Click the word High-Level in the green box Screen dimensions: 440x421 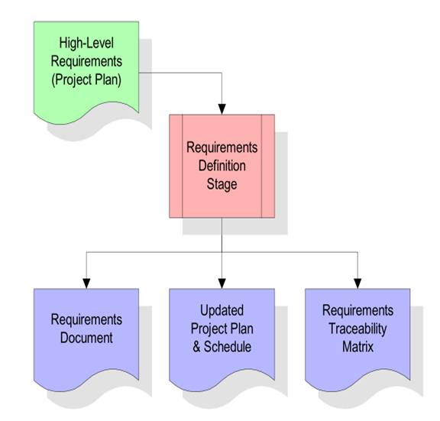click(x=86, y=44)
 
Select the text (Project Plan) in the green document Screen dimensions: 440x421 click(x=86, y=79)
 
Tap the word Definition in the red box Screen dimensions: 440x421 click(x=222, y=166)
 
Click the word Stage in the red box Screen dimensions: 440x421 click(x=222, y=184)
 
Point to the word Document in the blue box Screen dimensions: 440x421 click(x=86, y=338)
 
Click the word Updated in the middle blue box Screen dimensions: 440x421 click(x=222, y=310)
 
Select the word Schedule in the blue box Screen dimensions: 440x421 click(x=228, y=347)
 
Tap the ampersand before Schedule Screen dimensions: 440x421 click(x=196, y=347)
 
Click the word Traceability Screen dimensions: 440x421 click(x=357, y=329)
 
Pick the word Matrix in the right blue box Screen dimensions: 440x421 click(x=357, y=347)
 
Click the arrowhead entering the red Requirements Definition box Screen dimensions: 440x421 click(x=222, y=109)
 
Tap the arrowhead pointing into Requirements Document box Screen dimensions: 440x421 click(x=86, y=283)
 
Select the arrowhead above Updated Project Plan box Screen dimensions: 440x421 click(x=222, y=283)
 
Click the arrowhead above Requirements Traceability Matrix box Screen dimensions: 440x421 click(x=357, y=283)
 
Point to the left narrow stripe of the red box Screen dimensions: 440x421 click(x=176, y=166)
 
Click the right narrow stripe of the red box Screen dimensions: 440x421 click(x=268, y=166)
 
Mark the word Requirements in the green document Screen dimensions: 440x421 click(x=86, y=61)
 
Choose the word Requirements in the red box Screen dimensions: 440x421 click(x=222, y=147)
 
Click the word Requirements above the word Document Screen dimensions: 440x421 click(x=86, y=319)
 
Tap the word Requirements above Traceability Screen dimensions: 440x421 click(x=357, y=310)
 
